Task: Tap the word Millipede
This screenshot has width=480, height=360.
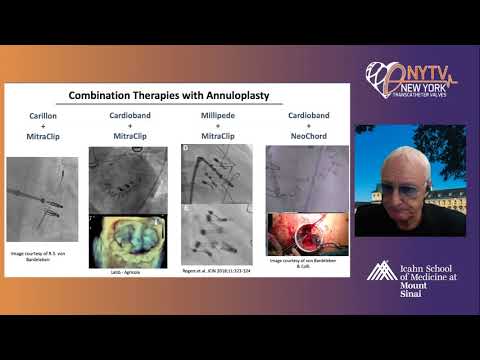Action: (x=216, y=116)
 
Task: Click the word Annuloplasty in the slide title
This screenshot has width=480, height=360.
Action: (x=243, y=96)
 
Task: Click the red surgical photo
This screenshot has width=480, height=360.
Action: (x=307, y=232)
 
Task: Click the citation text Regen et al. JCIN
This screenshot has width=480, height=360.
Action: (x=216, y=270)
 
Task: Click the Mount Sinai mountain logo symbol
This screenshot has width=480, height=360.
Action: (x=379, y=270)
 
